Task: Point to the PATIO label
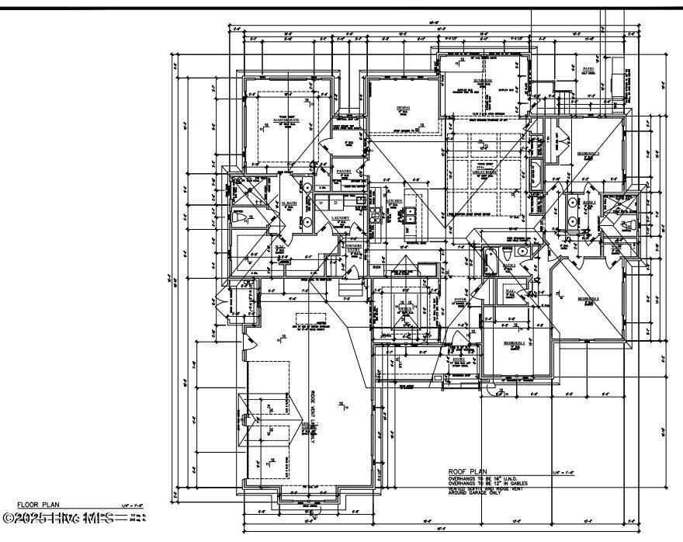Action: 588,69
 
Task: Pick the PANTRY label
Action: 344,171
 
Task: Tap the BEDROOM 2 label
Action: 514,342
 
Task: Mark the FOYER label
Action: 460,299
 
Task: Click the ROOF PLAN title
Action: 466,471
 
